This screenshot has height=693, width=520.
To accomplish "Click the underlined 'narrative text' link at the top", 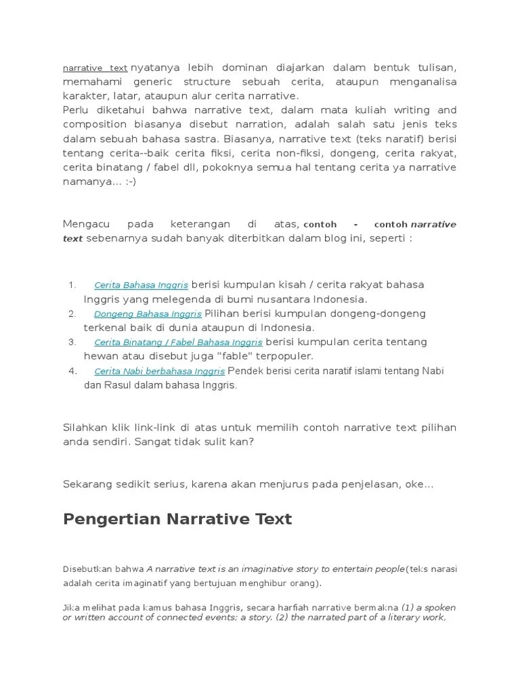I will [95, 68].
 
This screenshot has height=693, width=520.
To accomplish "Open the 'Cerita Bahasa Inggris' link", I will [141, 285].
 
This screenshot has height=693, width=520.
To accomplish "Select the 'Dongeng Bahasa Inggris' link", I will [148, 314].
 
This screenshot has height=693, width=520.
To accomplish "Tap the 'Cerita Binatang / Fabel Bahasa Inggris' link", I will [178, 342].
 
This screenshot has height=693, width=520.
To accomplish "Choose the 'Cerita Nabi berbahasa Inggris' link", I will [159, 372].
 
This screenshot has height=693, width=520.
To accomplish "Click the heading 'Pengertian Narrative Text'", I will [177, 519].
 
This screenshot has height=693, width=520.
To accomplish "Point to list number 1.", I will [72, 285].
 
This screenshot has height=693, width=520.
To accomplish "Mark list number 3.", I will [72, 342].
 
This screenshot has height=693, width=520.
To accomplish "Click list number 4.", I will [72, 372].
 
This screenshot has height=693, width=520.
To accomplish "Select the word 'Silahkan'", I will [87, 428].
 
